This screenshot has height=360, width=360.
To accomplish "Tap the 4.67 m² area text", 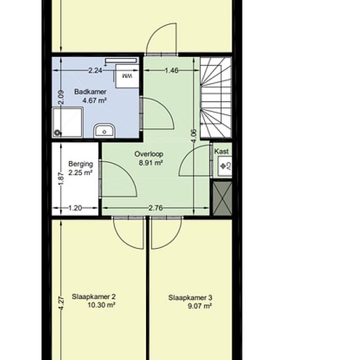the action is point(94,101).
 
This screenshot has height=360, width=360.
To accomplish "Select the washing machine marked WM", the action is point(127,76).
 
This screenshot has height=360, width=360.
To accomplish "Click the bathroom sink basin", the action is point(104,131).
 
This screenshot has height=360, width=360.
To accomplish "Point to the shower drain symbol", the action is point(57,133).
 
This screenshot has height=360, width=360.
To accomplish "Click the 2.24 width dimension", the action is point(96,70).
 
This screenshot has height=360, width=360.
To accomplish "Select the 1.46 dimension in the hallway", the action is point(171,70).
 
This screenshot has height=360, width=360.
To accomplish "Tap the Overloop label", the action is point(149,154).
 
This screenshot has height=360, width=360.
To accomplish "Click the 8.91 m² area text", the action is point(151,163).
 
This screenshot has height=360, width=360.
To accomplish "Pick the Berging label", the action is point(81,164).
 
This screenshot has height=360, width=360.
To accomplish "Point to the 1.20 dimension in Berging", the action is point(75,208).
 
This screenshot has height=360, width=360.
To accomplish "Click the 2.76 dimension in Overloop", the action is point(155,208).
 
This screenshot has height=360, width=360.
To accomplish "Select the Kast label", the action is point(221,151).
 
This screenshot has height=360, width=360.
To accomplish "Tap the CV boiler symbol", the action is point(225,166).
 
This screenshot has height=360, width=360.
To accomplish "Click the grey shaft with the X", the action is point(222,198).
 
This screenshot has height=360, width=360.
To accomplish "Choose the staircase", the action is point(216,98).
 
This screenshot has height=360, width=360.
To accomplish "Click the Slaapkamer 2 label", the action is point(94,297).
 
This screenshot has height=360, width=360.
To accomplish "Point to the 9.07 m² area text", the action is point(200,306).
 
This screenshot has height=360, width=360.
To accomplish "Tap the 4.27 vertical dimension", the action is point(62,302).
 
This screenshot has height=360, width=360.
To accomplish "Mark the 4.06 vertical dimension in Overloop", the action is point(194,136).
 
